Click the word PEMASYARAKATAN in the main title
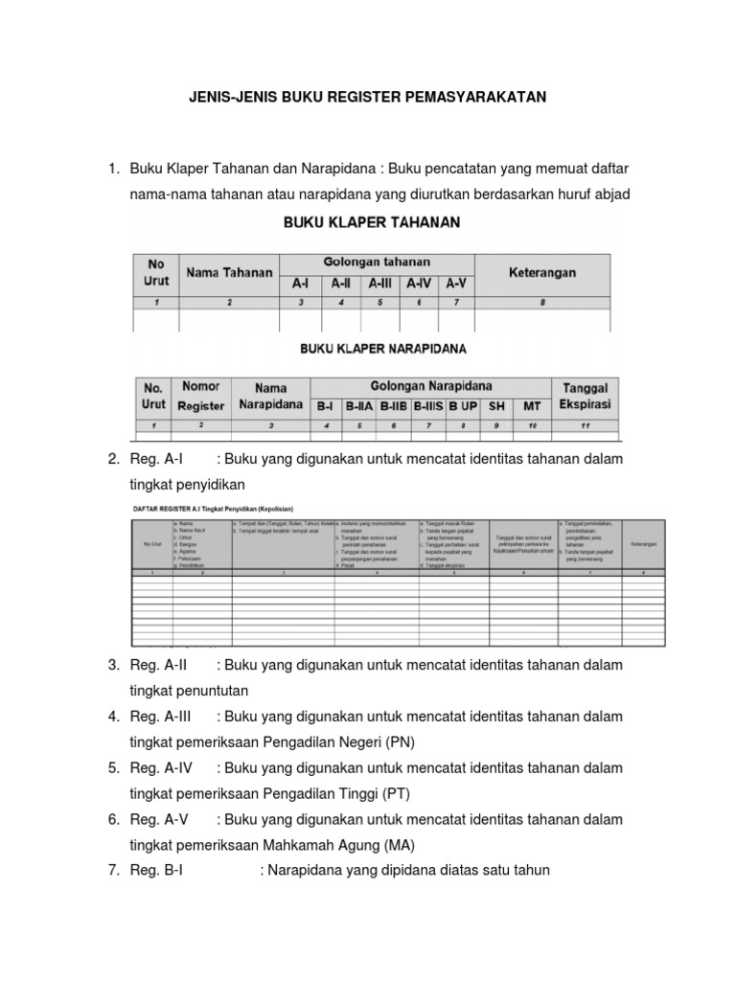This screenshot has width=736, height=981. pyautogui.click(x=474, y=97)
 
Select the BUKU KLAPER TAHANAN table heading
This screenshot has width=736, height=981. pyautogui.click(x=371, y=222)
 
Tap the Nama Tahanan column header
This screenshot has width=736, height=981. pyautogui.click(x=229, y=273)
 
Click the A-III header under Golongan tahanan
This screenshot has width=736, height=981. pyautogui.click(x=380, y=284)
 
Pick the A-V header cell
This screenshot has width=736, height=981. pyautogui.click(x=456, y=284)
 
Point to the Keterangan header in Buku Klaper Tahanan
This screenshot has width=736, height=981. pyautogui.click(x=541, y=273)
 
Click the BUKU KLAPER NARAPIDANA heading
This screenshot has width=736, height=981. pyautogui.click(x=371, y=349)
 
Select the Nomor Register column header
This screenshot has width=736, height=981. pyautogui.click(x=201, y=396)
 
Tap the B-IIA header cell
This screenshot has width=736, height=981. pyautogui.click(x=361, y=406)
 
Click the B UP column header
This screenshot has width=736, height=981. pyautogui.click(x=462, y=406)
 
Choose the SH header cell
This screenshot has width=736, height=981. pyautogui.click(x=496, y=406)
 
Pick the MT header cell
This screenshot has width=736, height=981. pyautogui.click(x=533, y=406)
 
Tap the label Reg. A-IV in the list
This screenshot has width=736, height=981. pyautogui.click(x=160, y=768)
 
